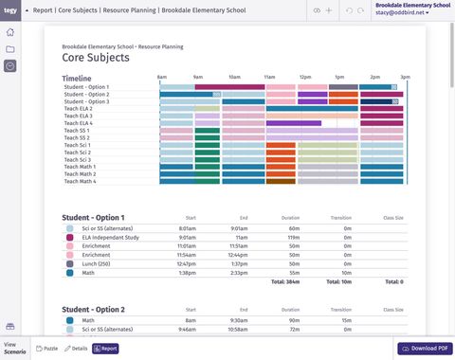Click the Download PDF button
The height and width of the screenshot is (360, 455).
(x=424, y=349)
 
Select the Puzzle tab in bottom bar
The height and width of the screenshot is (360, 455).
(x=46, y=349)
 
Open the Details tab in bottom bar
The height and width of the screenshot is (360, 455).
(x=76, y=349)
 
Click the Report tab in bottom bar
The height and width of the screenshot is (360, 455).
(x=105, y=349)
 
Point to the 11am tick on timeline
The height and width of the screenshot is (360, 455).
(x=269, y=76)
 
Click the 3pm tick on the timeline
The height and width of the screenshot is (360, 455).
(x=405, y=76)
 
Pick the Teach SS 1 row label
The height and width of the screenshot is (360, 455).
(x=77, y=130)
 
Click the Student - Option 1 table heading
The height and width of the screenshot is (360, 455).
(x=93, y=218)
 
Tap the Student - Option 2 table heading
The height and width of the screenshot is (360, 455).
(x=93, y=310)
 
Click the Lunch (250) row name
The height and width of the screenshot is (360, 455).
(x=98, y=263)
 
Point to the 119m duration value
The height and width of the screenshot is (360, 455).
(x=294, y=238)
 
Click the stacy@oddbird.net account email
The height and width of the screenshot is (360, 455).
(x=401, y=13)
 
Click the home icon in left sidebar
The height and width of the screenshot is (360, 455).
(x=9, y=32)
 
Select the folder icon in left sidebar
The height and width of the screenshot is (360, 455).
(x=9, y=49)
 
